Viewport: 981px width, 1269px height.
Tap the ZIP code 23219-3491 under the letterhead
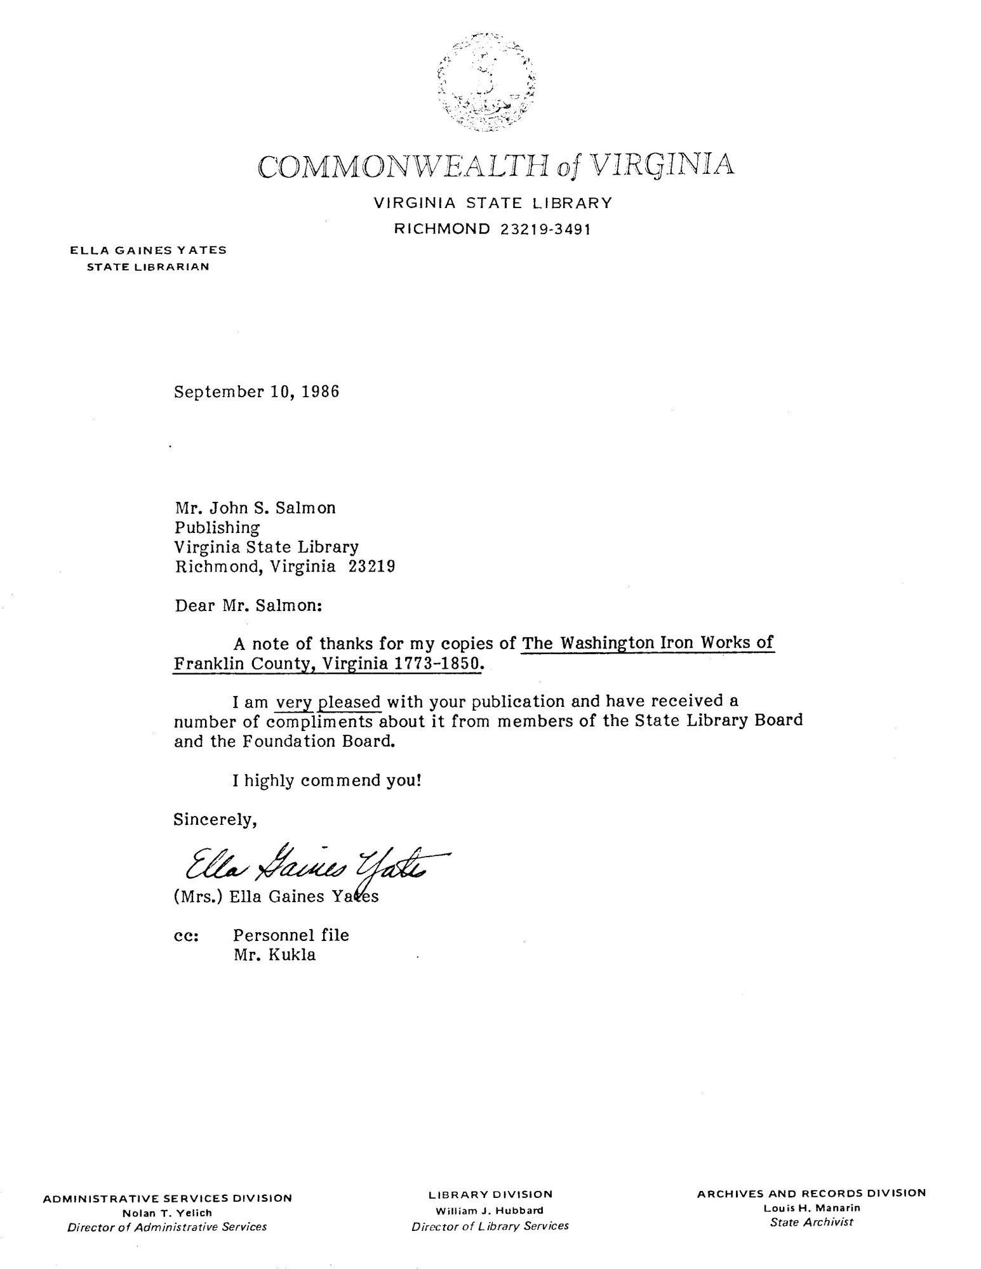click(545, 229)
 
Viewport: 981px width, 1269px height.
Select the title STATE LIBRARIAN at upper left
click(148, 266)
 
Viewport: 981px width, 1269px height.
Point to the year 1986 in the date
click(320, 391)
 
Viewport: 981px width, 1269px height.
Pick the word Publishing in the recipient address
click(217, 527)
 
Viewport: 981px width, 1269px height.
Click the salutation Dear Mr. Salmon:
click(249, 605)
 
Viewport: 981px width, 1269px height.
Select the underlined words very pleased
click(328, 702)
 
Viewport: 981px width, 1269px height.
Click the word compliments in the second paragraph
click(321, 721)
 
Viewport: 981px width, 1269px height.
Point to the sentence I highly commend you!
click(327, 780)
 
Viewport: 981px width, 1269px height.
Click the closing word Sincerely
click(215, 820)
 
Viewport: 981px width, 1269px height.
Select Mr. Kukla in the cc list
click(274, 954)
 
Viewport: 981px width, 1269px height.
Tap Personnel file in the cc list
click(291, 935)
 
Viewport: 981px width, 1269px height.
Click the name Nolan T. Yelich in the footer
click(167, 1213)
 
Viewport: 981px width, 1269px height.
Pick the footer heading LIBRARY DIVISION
click(490, 1195)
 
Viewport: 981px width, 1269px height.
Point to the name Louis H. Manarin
click(811, 1208)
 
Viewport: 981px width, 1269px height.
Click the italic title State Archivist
click(811, 1222)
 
